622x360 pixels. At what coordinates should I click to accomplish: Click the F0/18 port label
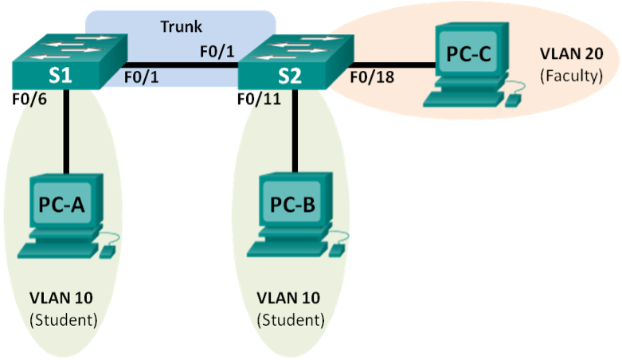tap(371, 78)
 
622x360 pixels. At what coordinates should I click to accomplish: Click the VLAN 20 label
tap(570, 55)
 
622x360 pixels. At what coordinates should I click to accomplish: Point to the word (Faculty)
tap(570, 76)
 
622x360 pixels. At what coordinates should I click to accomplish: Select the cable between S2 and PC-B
tap(295, 131)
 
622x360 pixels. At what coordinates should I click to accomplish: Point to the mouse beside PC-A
tap(108, 251)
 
